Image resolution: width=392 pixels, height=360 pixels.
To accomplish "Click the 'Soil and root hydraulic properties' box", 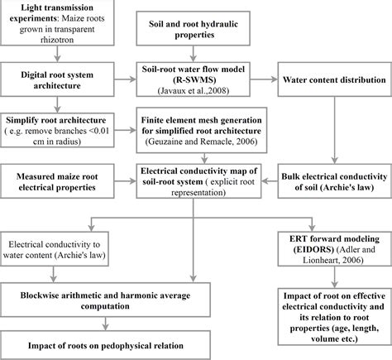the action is click(x=194, y=28).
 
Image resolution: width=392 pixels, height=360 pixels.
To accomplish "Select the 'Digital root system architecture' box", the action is click(x=57, y=79).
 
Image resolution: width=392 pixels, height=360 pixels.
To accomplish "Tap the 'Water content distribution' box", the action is click(x=335, y=79).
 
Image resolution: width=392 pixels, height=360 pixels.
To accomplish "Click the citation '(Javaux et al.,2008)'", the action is click(x=194, y=90).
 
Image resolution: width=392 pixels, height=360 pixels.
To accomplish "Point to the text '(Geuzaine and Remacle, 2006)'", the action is click(x=202, y=142).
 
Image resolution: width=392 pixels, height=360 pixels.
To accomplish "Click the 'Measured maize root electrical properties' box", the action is click(x=57, y=181).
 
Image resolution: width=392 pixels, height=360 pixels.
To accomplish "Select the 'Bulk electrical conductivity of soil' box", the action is click(x=335, y=181).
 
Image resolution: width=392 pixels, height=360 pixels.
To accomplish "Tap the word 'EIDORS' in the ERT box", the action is click(x=313, y=249).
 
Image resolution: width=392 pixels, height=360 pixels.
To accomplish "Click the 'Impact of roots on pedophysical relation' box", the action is click(x=105, y=345).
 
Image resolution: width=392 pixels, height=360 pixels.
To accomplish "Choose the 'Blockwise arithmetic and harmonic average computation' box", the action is click(x=105, y=300).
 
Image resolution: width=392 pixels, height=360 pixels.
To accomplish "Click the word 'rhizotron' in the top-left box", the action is click(x=57, y=40).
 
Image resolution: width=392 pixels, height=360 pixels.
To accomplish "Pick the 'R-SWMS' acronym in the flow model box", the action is click(x=194, y=79).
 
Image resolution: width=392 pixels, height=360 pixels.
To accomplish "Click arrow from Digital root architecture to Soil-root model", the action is click(x=125, y=79).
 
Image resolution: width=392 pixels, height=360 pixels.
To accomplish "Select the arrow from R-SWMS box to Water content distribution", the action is click(x=264, y=79).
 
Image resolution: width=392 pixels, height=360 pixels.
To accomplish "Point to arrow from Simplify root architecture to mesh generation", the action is click(x=125, y=130).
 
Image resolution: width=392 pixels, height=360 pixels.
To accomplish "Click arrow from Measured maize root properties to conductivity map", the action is click(x=125, y=181).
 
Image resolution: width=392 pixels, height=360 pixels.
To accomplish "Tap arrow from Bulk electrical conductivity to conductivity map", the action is click(x=270, y=181).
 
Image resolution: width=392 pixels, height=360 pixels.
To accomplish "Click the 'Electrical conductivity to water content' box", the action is click(x=55, y=249).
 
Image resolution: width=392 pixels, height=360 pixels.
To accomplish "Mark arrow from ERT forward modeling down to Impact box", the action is click(x=335, y=277).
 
